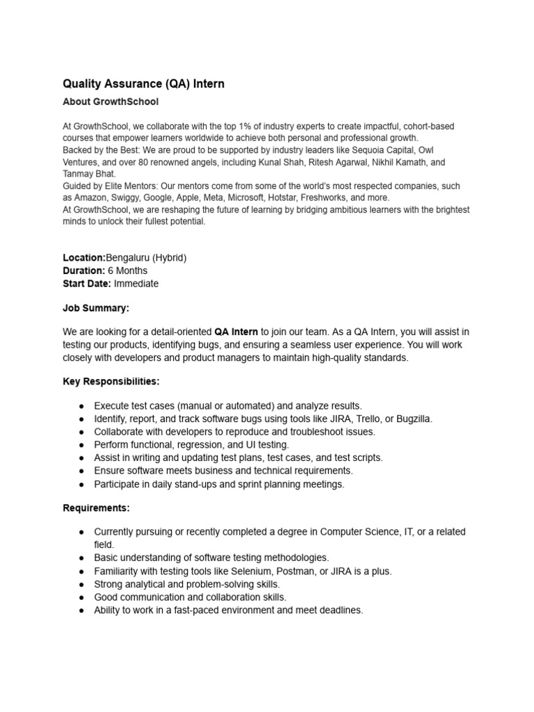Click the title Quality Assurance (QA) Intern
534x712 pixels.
(x=143, y=84)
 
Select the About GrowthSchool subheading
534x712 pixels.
(x=111, y=102)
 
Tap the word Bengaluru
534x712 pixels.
(x=129, y=258)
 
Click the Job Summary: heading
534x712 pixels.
(x=96, y=308)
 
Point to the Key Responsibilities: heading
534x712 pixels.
(x=111, y=382)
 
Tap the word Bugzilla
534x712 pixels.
(x=412, y=419)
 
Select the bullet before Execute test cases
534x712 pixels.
(x=81, y=405)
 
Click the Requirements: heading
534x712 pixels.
(x=96, y=508)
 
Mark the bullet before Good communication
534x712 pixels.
(x=81, y=597)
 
